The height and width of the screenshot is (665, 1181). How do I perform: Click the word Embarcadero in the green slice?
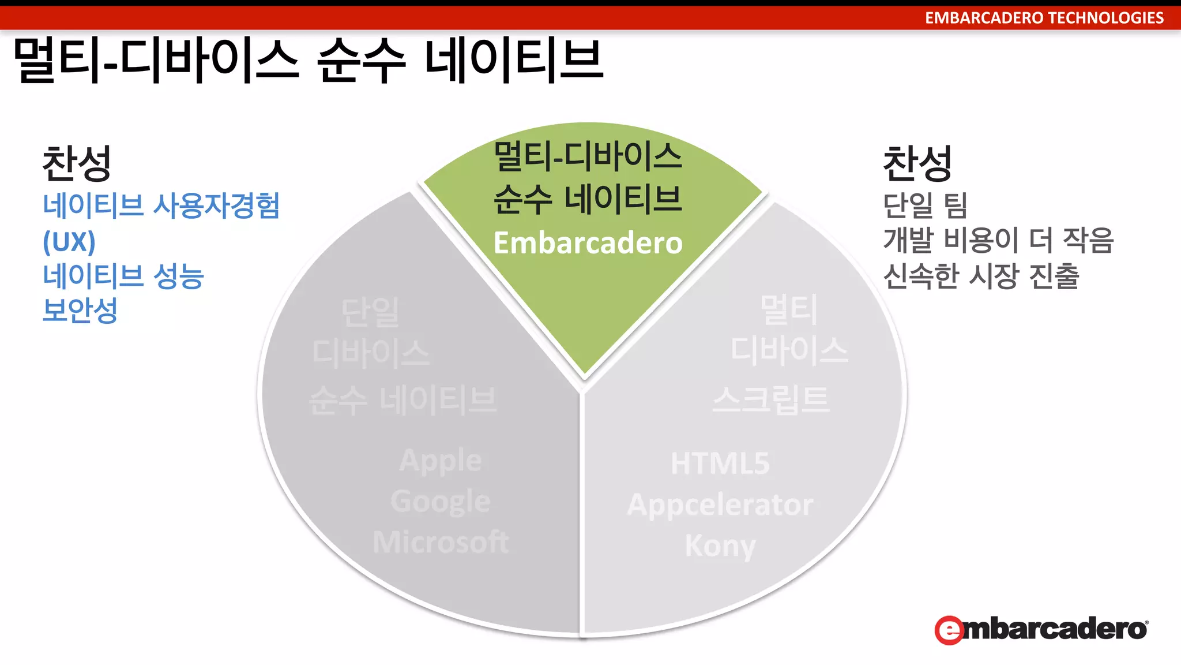pos(588,243)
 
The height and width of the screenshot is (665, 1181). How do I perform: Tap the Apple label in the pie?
pos(441,461)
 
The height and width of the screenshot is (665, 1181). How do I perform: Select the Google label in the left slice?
pos(441,501)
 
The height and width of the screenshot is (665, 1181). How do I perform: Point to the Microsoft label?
pos(441,542)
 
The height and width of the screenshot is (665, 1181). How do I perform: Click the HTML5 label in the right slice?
pos(720,464)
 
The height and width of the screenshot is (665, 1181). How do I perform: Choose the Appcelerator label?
pos(720,505)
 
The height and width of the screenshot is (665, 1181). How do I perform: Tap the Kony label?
pos(720,546)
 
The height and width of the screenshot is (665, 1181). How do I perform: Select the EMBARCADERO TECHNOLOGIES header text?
pos(1044,18)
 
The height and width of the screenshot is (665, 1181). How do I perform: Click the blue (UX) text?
pos(69,241)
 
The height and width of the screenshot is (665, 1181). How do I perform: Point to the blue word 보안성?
pos(80,311)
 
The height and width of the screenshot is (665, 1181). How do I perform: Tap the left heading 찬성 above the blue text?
pos(77,163)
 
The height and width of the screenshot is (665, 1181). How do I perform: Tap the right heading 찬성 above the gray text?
pos(917,163)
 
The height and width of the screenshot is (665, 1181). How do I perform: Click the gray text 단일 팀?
pos(925,206)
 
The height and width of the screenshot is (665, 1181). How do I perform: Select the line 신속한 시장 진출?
pos(981,276)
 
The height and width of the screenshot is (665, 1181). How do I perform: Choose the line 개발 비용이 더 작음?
pos(998,240)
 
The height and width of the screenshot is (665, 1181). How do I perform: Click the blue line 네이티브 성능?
pos(123,276)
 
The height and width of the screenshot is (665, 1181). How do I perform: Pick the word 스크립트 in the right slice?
pos(771,399)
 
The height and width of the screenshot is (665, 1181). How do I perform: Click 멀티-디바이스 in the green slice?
pos(588,156)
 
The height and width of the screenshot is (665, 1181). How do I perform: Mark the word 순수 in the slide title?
pos(362,60)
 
